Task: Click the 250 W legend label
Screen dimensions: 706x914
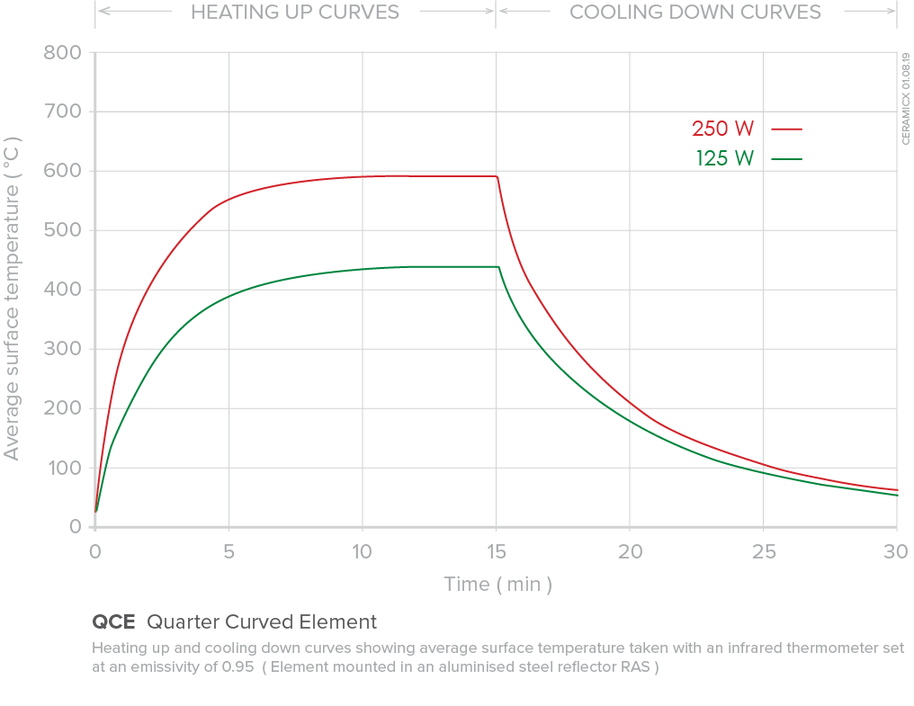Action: tap(722, 129)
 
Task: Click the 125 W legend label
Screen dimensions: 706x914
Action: tap(724, 159)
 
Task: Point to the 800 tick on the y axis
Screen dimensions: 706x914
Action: tap(63, 52)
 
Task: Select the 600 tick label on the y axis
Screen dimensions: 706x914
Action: tap(63, 171)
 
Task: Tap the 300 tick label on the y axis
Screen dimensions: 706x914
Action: tap(63, 349)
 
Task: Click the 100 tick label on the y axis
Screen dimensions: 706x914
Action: tap(63, 468)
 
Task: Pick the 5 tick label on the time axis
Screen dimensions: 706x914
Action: tap(228, 551)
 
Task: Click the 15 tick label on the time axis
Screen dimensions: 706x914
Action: tap(496, 551)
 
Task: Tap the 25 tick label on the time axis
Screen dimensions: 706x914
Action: tap(763, 551)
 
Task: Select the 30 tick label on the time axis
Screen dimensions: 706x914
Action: tap(896, 551)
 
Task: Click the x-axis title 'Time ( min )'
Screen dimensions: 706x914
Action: tap(497, 585)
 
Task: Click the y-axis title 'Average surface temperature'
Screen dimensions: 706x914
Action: tap(12, 297)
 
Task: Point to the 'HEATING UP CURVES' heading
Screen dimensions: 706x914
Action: tap(295, 13)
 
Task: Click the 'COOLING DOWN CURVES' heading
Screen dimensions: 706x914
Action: tap(694, 13)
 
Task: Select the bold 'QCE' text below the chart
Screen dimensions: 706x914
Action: tap(113, 622)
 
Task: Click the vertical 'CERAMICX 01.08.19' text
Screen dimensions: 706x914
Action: tap(905, 98)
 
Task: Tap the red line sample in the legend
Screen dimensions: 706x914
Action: tap(785, 129)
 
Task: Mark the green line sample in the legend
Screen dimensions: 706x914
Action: tap(785, 159)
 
